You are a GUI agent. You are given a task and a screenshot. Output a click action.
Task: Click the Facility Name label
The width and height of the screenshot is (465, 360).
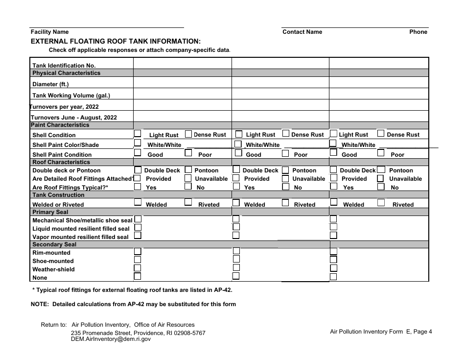click(x=49, y=32)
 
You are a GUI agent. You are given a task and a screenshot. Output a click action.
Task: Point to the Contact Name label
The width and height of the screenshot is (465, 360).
click(x=302, y=32)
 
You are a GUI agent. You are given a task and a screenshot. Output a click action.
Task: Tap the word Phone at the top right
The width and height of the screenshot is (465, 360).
click(x=418, y=32)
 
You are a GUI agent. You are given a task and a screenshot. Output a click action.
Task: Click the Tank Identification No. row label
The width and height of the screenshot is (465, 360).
click(x=64, y=65)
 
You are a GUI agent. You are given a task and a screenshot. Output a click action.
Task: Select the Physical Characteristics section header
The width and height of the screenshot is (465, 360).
click(x=66, y=73)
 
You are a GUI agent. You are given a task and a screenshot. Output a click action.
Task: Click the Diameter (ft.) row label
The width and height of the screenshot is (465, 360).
click(x=50, y=84)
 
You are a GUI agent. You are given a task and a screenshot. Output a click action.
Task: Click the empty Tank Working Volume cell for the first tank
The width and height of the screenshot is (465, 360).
click(x=182, y=96)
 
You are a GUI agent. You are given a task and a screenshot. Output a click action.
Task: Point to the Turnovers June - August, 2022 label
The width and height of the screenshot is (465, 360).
click(x=74, y=118)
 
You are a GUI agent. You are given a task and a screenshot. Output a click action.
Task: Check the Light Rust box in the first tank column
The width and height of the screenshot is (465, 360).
click(x=138, y=133)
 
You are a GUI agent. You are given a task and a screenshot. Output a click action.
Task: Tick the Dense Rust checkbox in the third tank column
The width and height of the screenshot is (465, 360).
click(x=381, y=133)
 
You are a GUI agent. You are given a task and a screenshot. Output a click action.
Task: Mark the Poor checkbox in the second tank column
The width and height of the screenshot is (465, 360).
click(x=285, y=153)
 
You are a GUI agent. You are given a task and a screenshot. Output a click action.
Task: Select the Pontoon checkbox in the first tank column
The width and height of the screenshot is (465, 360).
click(x=188, y=170)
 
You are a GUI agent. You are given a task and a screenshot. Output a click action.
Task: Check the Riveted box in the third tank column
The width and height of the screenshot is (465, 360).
click(x=381, y=203)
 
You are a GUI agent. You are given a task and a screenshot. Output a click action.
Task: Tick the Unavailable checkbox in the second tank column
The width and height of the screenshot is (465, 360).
click(x=285, y=179)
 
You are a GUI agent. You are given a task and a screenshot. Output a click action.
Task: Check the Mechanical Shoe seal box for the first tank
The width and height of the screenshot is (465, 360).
click(x=138, y=219)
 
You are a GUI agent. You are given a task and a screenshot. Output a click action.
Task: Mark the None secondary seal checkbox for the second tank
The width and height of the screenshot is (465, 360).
click(x=236, y=276)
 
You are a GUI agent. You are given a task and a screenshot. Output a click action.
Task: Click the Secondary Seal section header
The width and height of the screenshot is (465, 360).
click(x=54, y=244)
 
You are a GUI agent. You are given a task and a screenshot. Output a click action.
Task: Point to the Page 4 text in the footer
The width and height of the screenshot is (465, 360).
click(x=422, y=332)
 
